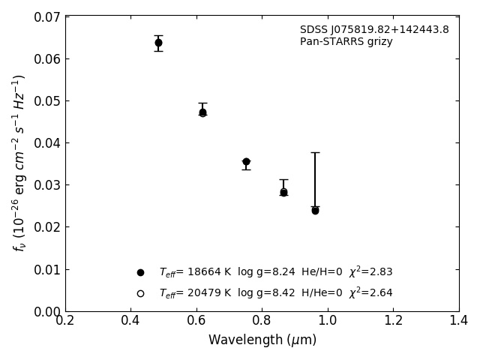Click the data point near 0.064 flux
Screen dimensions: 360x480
click(x=158, y=43)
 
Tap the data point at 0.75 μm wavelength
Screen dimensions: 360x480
click(x=246, y=161)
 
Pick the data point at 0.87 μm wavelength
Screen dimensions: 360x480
click(x=283, y=192)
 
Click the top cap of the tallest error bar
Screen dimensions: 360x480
click(x=315, y=152)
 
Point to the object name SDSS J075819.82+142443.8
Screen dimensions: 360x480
click(x=374, y=30)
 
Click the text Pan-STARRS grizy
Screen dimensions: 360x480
click(x=346, y=42)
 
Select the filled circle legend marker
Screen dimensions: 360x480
click(x=140, y=272)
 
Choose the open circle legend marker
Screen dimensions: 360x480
click(x=140, y=293)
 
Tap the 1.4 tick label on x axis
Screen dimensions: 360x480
click(x=459, y=320)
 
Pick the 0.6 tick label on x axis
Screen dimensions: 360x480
click(x=196, y=320)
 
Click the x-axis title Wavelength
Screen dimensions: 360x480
click(x=262, y=340)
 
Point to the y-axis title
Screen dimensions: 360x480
click(x=19, y=162)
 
